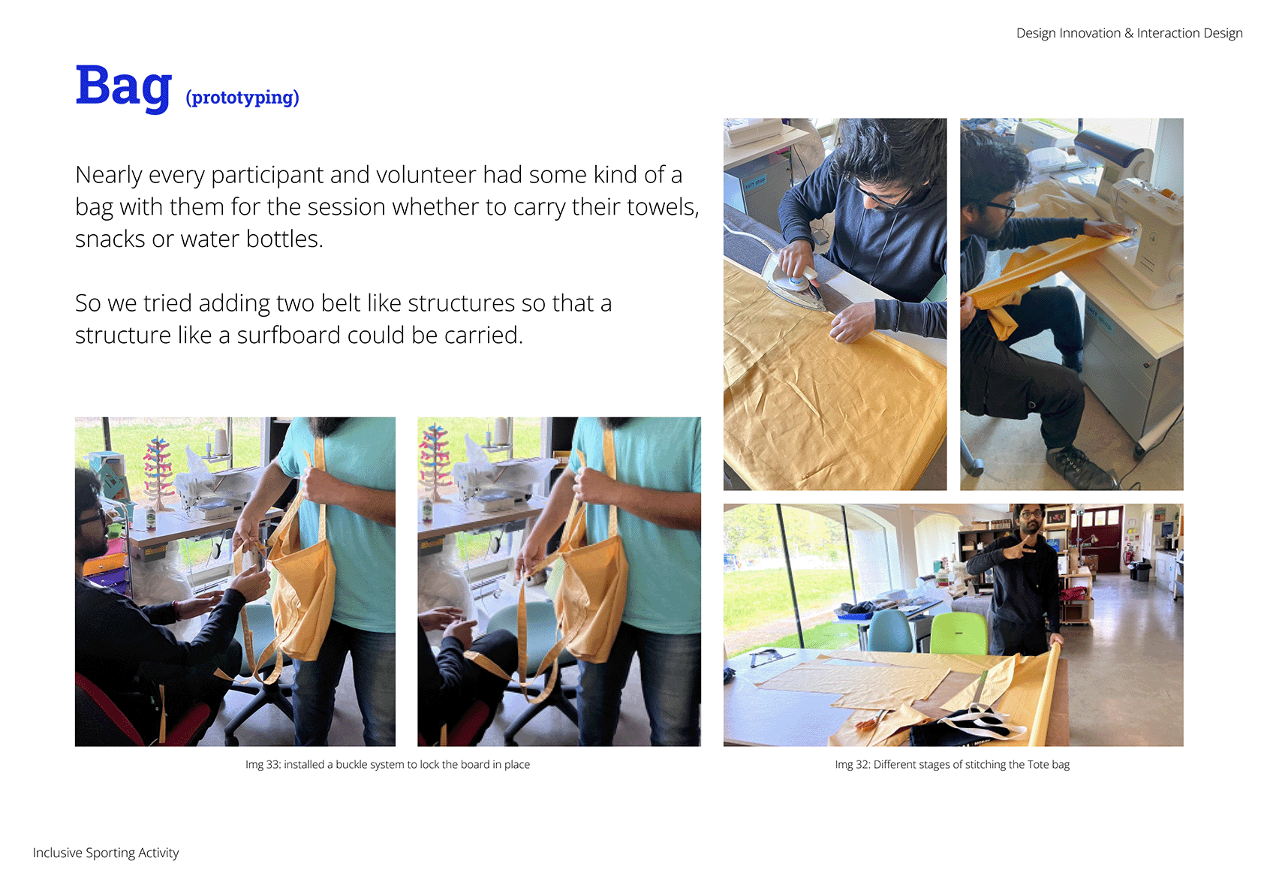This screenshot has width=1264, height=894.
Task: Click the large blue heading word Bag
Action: (x=123, y=88)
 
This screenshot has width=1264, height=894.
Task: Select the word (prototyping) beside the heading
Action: (x=242, y=97)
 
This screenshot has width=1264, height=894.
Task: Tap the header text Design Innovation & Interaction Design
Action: (x=1129, y=33)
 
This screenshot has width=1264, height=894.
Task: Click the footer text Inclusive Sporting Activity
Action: (x=106, y=852)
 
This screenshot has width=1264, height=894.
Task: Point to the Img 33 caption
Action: (x=387, y=764)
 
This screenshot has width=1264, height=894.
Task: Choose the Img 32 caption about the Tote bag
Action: (x=952, y=764)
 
